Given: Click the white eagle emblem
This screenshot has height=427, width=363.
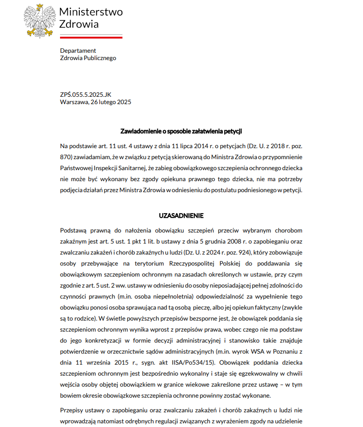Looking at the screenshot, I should pyautogui.click(x=40, y=20).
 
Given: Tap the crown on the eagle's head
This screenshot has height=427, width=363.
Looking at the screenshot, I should pyautogui.click(x=40, y=7).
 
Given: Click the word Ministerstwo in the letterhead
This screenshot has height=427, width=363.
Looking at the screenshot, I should pyautogui.click(x=91, y=12).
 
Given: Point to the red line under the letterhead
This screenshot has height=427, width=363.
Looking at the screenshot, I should pyautogui.click(x=91, y=36).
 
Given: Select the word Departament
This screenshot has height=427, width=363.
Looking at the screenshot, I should pyautogui.click(x=78, y=50).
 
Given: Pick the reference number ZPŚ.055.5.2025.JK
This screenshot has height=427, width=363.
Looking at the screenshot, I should pyautogui.click(x=85, y=94).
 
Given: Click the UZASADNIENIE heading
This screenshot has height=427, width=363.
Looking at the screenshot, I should pyautogui.click(x=181, y=216).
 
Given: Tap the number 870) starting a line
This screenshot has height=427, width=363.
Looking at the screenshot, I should pyautogui.click(x=67, y=157).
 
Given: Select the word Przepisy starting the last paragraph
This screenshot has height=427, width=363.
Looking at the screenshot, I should pyautogui.click(x=72, y=410).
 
